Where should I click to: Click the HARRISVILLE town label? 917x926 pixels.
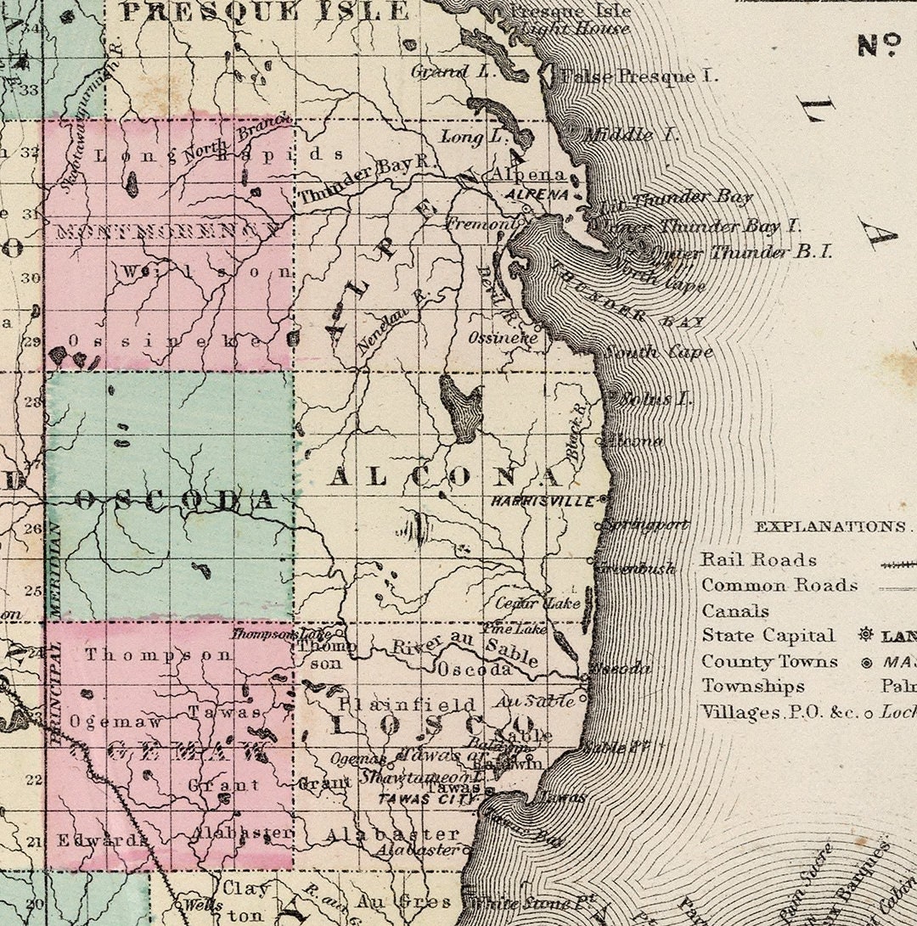coord(543,502)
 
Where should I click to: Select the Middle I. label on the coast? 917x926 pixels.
coord(620,134)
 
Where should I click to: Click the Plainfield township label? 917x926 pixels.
coord(408,704)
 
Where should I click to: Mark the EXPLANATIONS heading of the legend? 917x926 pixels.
coord(830,526)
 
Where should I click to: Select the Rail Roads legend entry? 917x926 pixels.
coord(758,560)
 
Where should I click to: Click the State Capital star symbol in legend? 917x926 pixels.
coord(866,635)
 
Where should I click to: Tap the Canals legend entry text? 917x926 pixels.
coord(734,611)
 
